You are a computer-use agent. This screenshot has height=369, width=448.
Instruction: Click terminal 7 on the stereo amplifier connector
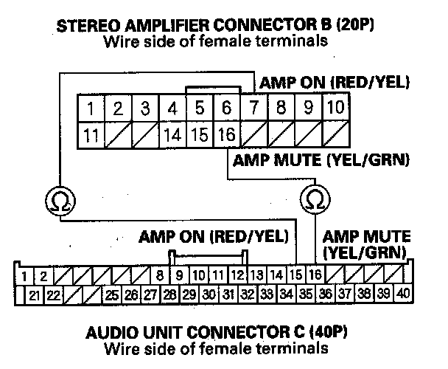[x=253, y=109]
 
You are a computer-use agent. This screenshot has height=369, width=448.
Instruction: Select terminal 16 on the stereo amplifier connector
[x=226, y=135]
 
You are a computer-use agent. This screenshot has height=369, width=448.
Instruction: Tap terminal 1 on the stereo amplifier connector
[x=90, y=109]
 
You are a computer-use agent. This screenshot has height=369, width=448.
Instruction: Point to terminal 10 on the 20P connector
[x=335, y=109]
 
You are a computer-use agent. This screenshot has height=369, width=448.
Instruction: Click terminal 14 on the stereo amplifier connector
[x=172, y=135]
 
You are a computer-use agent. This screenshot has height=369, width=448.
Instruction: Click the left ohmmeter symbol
[x=57, y=199]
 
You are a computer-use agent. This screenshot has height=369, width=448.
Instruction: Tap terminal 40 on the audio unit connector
[x=402, y=294]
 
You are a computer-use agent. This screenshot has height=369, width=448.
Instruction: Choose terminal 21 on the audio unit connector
[x=34, y=294]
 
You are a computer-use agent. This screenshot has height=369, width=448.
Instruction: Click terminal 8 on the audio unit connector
[x=160, y=277]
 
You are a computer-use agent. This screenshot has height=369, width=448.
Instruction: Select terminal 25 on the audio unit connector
[x=111, y=294]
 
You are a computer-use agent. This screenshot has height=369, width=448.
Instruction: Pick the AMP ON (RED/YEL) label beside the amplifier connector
[x=331, y=81]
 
